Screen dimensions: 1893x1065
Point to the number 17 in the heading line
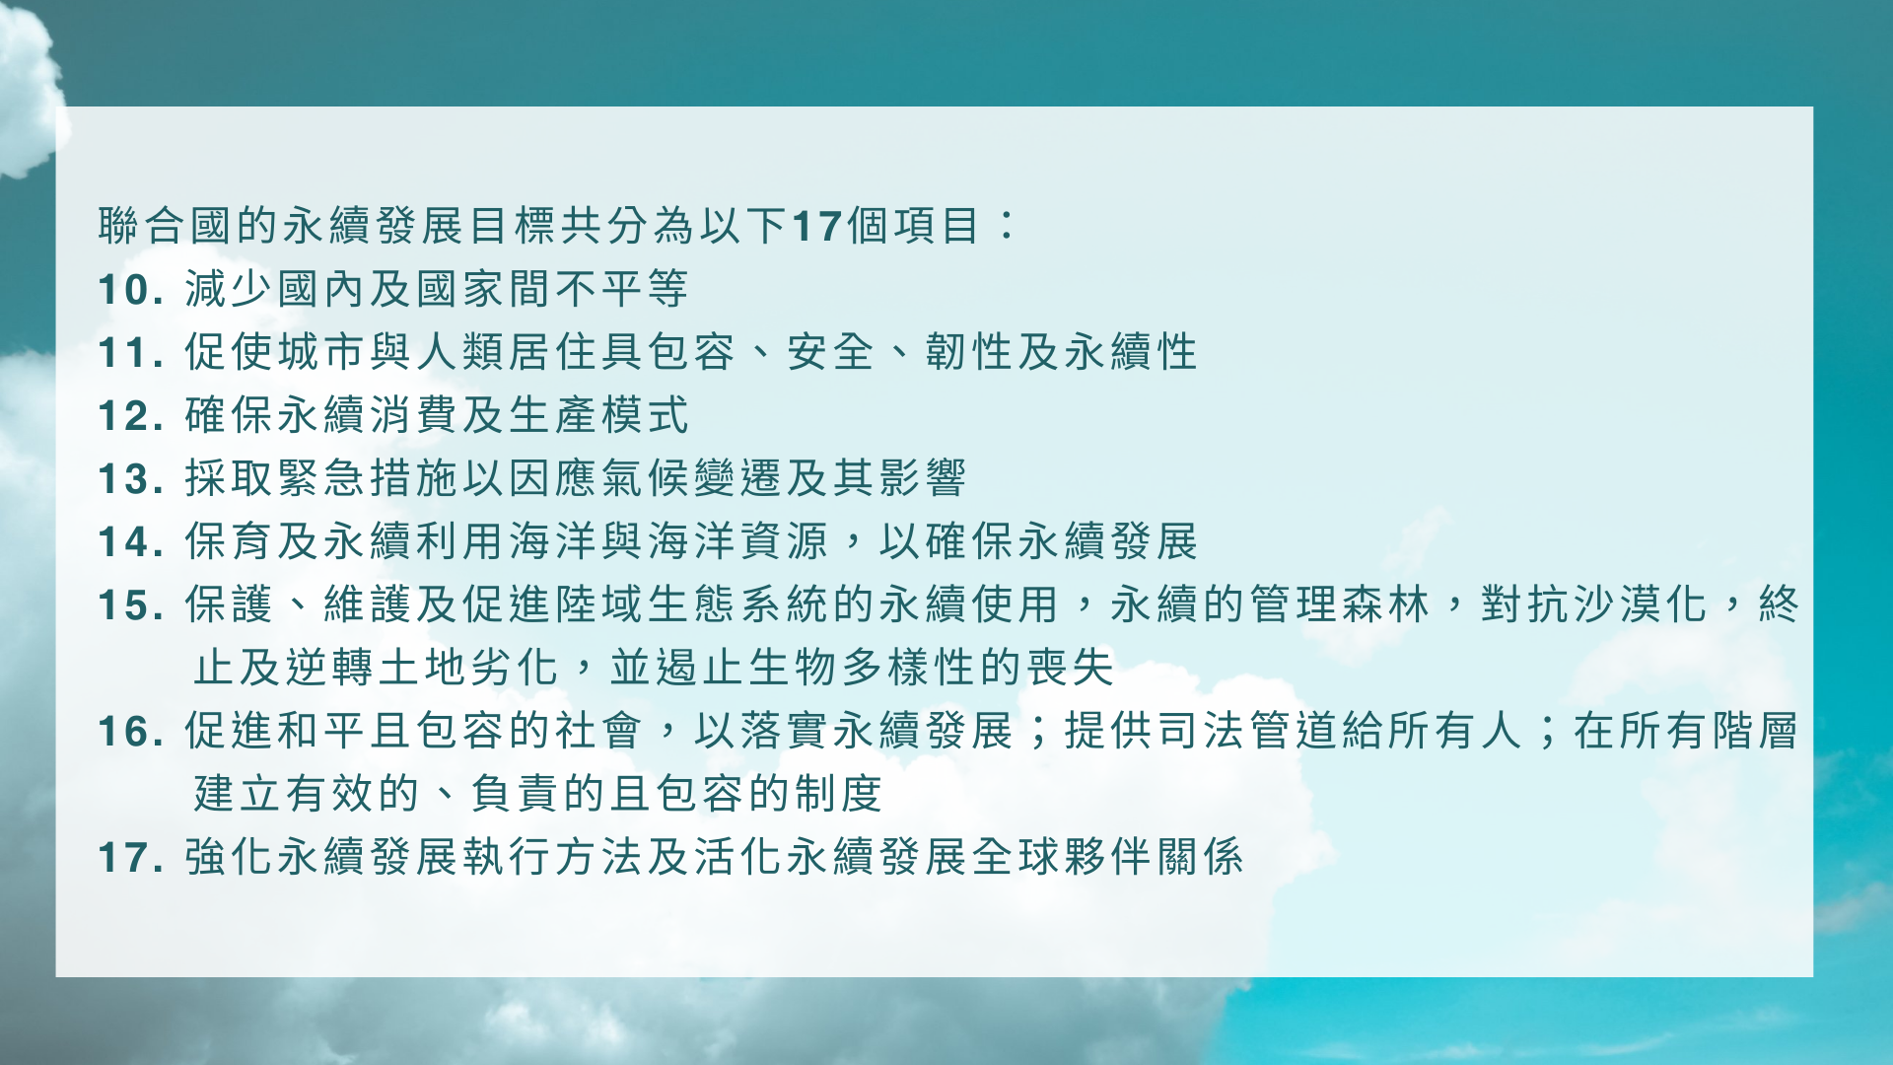pos(817,227)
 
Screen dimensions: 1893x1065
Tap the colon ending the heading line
pos(1006,225)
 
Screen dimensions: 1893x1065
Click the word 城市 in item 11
pos(322,352)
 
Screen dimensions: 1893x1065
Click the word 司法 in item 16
pos(1202,731)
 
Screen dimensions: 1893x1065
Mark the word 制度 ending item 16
pos(839,794)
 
